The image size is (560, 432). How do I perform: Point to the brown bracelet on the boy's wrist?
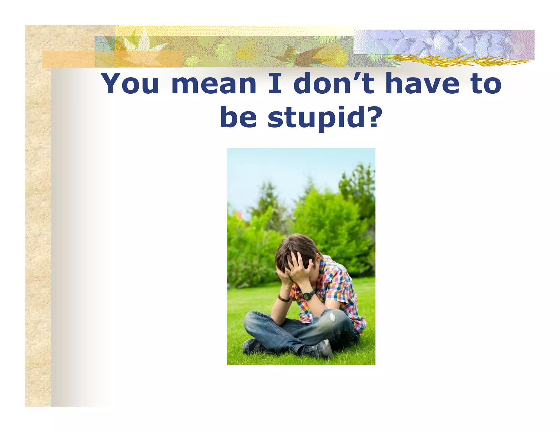pos(283,298)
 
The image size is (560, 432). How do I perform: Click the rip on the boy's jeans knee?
pos(333,317)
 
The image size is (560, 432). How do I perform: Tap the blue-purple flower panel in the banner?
pos(443,42)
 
